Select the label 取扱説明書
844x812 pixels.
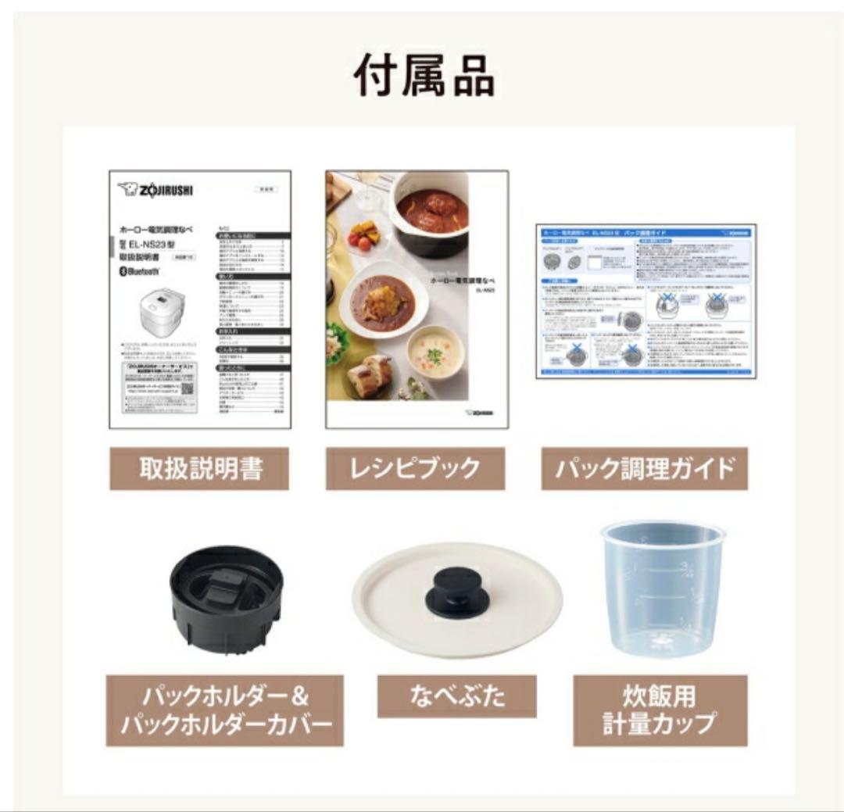pos(199,468)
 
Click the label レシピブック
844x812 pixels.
pos(415,468)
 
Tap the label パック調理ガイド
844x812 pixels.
pos(644,468)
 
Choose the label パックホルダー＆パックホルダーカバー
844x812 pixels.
pos(225,710)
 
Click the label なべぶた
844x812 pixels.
pos(456,696)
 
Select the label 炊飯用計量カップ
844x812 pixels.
pos(660,710)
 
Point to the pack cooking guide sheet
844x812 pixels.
pos(646,301)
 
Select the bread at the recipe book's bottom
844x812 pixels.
pos(368,377)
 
